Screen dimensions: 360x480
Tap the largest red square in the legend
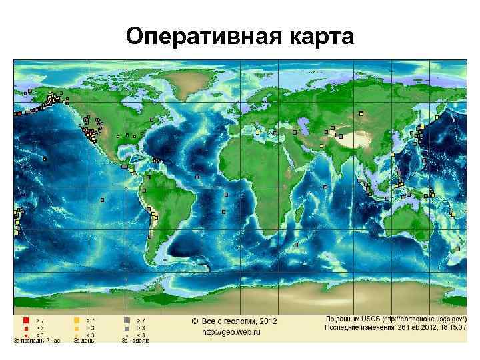25,321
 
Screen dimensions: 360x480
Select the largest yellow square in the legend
76,321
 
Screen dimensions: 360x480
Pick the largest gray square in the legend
127,321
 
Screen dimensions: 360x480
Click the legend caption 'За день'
84,340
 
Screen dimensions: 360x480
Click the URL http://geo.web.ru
231,331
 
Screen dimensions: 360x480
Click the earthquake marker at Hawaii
45,159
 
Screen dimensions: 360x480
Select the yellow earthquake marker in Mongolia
360,114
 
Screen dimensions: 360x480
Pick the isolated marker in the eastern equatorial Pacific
102,199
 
